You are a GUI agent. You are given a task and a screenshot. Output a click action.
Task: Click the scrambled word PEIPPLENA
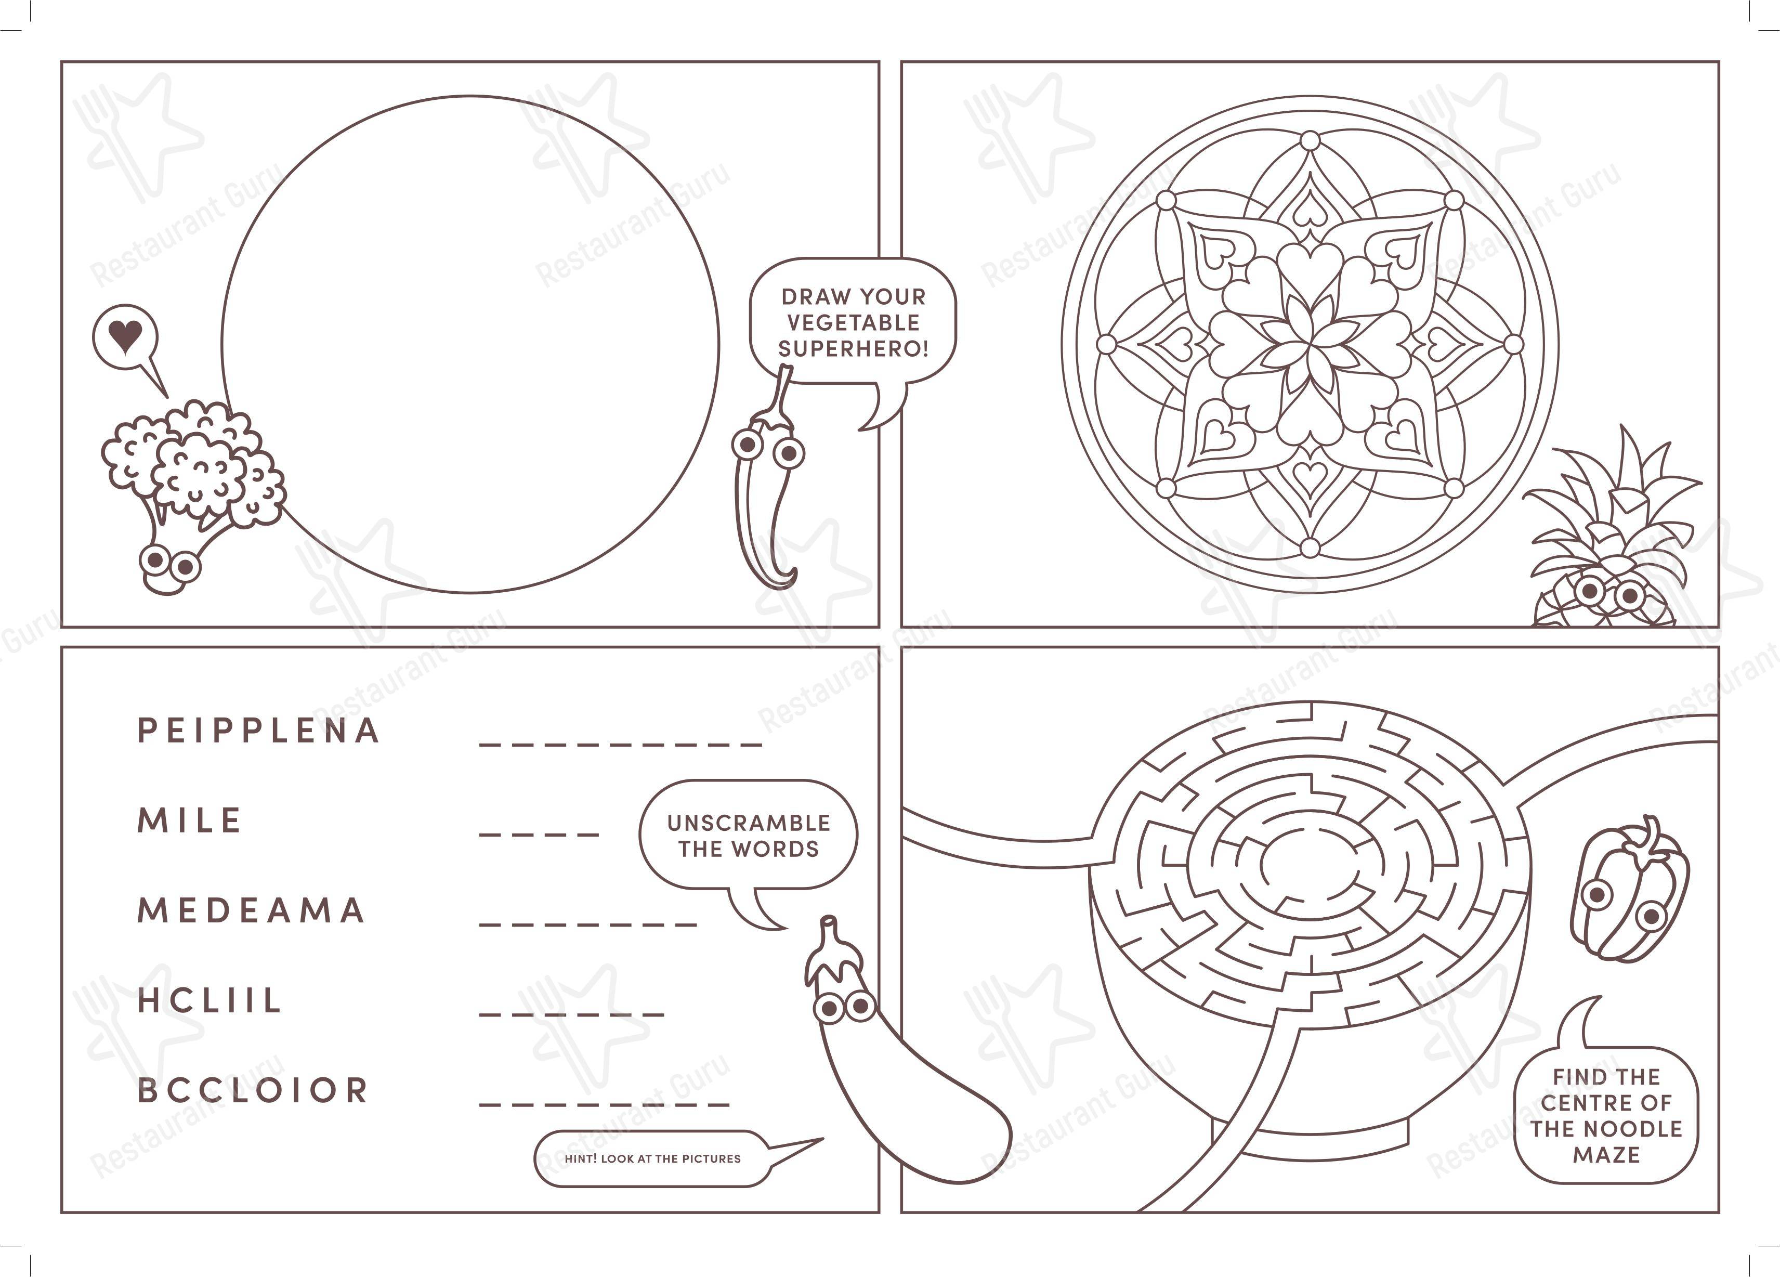(x=258, y=731)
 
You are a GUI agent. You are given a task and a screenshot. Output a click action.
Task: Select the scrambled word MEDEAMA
(x=251, y=910)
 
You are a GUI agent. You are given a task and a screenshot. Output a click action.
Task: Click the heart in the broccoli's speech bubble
(x=125, y=337)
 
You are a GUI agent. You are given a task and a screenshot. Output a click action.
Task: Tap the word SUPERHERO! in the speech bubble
(x=853, y=348)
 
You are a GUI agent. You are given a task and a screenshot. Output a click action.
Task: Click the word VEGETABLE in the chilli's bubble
(x=853, y=322)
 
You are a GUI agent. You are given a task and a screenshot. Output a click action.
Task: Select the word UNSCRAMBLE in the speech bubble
(x=749, y=823)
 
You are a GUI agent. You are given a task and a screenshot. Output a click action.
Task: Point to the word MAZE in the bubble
(x=1606, y=1155)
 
